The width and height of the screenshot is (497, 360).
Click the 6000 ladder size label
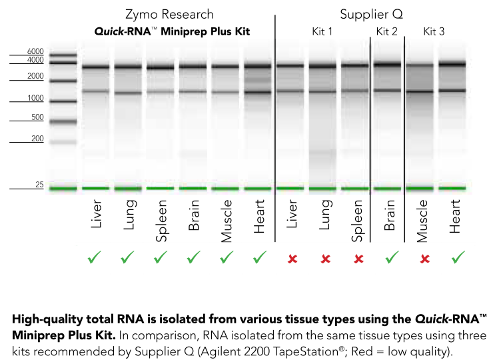[35, 51]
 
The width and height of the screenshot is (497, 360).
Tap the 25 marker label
[39, 184]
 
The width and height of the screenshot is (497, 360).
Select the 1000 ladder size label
[35, 98]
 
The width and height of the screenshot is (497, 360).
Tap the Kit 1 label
[323, 31]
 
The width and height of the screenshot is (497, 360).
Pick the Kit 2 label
[386, 31]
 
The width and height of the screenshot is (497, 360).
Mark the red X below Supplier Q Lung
[326, 258]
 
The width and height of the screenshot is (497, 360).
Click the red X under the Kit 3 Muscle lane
[424, 258]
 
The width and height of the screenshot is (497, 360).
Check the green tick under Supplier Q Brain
[392, 257]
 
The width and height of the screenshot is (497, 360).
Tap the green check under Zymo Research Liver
[95, 257]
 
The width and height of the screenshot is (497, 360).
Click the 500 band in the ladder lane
[63, 122]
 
